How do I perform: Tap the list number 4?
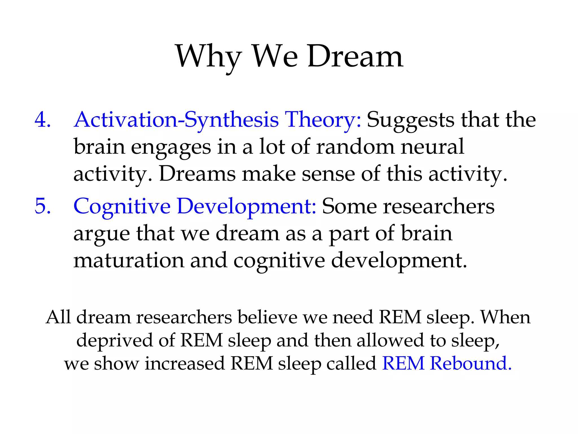tap(42, 120)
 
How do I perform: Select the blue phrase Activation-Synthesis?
tap(176, 120)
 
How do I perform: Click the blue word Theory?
tap(323, 120)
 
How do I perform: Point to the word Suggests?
tap(410, 120)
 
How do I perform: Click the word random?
tap(355, 147)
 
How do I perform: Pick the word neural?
tap(432, 147)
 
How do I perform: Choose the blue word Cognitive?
tap(122, 206)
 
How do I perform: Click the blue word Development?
tap(246, 206)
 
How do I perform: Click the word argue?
tap(102, 234)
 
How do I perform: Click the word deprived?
tap(114, 340)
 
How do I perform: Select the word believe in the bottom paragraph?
tap(268, 317)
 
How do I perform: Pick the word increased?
tap(185, 363)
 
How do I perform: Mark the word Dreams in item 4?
tap(197, 174)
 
